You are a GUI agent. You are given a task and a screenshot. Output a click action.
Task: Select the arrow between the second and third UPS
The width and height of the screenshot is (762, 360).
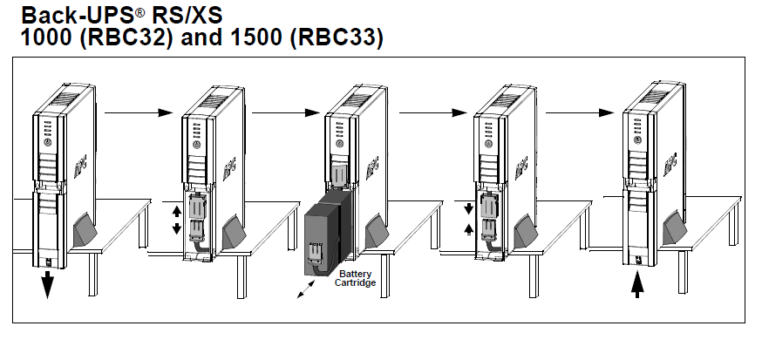tap(280, 112)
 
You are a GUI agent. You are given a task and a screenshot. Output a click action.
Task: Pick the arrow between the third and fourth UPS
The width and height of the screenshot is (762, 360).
tap(428, 112)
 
